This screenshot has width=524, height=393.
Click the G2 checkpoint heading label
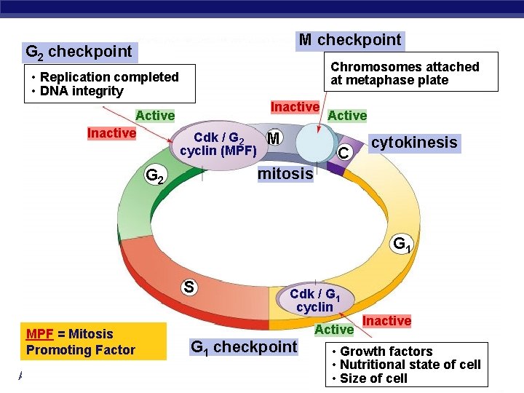[x=79, y=52]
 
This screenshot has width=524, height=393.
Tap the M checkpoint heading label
[x=350, y=40]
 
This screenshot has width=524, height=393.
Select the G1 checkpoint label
[x=243, y=347]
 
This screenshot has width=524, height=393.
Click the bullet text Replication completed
[x=109, y=77]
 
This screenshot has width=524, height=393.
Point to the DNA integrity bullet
[x=82, y=91]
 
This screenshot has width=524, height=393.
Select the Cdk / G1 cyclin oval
[x=314, y=300]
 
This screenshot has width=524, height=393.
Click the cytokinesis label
[x=414, y=143]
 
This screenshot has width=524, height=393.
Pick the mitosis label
[x=285, y=174]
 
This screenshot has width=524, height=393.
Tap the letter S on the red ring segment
[x=188, y=287]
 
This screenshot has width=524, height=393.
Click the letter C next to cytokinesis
[x=343, y=154]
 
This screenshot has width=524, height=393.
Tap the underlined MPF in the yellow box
[x=39, y=334]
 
